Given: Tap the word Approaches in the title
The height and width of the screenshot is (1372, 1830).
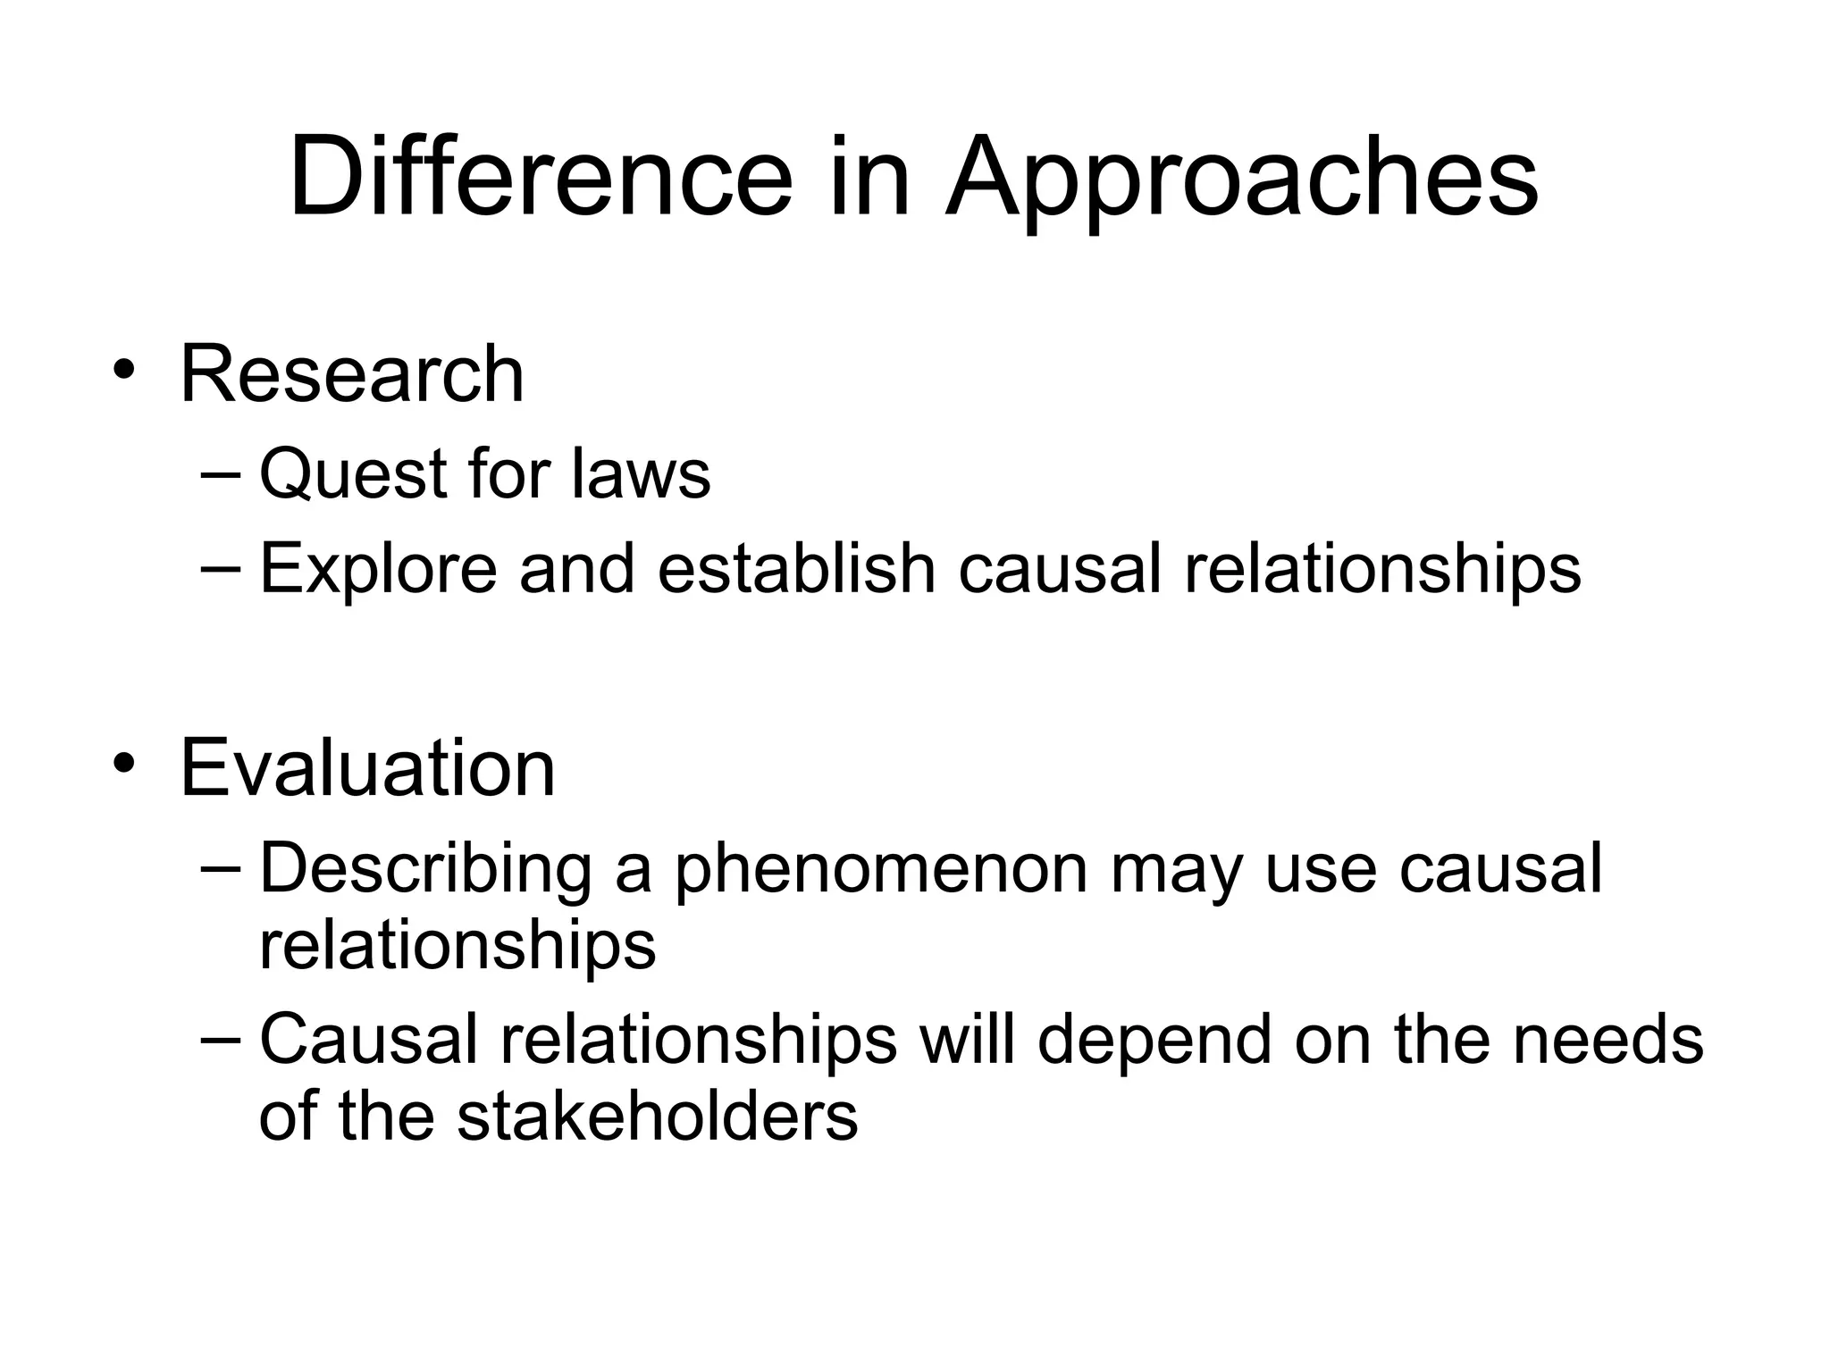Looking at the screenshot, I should tap(1242, 179).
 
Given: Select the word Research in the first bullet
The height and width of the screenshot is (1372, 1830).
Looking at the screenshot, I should tap(352, 374).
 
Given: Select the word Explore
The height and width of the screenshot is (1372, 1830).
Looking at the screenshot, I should tap(378, 569).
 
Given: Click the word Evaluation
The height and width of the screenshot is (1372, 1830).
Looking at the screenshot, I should tap(367, 768).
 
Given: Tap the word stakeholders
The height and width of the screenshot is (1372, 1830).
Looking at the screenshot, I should tap(658, 1117).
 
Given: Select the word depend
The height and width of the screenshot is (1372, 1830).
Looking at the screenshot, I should tap(1154, 1041).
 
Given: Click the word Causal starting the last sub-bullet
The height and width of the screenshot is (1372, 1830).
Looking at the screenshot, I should tap(368, 1040).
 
